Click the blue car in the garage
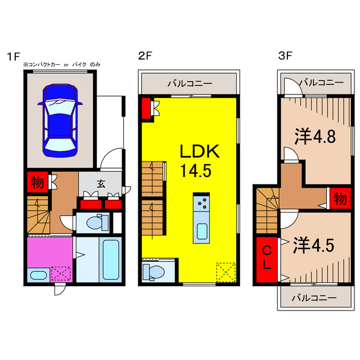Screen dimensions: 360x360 click(60, 120)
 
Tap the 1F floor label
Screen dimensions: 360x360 click(13, 56)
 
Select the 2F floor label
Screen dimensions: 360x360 click(145, 56)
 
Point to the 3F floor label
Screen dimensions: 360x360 click(285, 56)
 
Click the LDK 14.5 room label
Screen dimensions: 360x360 click(199, 161)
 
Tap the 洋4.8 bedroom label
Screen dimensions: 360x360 click(315, 137)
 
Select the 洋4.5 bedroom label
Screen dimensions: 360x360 click(313, 245)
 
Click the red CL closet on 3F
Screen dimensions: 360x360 click(267, 259)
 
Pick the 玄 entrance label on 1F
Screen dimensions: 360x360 click(101, 183)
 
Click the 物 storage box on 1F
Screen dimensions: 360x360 click(38, 182)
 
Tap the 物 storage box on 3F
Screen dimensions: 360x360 click(340, 199)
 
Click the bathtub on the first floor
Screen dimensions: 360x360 click(111, 260)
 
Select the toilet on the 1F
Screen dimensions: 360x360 click(97, 222)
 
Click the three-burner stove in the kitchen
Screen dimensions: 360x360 click(201, 204)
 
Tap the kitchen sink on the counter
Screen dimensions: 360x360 click(202, 231)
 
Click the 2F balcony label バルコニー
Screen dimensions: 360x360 click(190, 83)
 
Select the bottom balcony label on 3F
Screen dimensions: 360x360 click(314, 298)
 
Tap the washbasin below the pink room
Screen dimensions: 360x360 click(38, 275)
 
